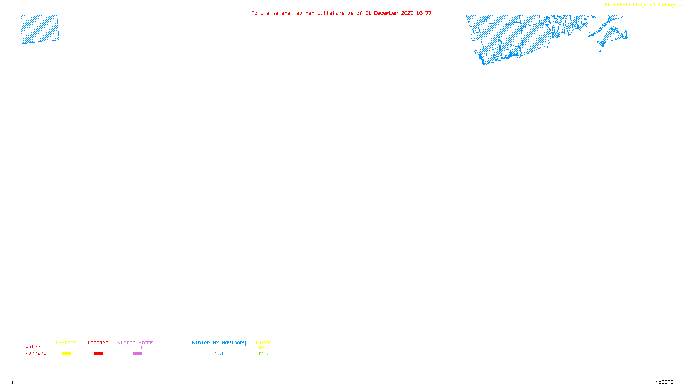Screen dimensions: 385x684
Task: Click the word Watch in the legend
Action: tap(33, 347)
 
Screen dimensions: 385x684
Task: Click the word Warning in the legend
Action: tap(36, 353)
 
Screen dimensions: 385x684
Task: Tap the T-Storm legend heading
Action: tap(66, 342)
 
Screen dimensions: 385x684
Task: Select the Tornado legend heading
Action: tap(98, 342)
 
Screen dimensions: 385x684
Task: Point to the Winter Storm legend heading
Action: tap(135, 342)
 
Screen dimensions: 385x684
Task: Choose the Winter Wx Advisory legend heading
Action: tap(219, 342)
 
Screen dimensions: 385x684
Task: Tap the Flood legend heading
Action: tap(264, 342)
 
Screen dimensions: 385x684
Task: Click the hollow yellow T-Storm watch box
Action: tap(66, 348)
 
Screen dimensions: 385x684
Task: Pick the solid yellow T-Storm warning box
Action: tap(66, 354)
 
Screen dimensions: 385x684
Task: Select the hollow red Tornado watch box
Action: tap(99, 348)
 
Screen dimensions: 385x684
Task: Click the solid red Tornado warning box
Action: tap(99, 354)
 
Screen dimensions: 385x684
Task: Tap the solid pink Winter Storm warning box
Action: tap(137, 354)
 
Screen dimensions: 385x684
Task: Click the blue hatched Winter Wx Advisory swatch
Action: tap(218, 354)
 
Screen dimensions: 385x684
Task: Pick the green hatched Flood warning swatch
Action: tap(264, 354)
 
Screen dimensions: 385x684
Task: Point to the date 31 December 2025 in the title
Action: tap(389, 13)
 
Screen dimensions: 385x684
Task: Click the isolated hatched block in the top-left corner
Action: tap(40, 29)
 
